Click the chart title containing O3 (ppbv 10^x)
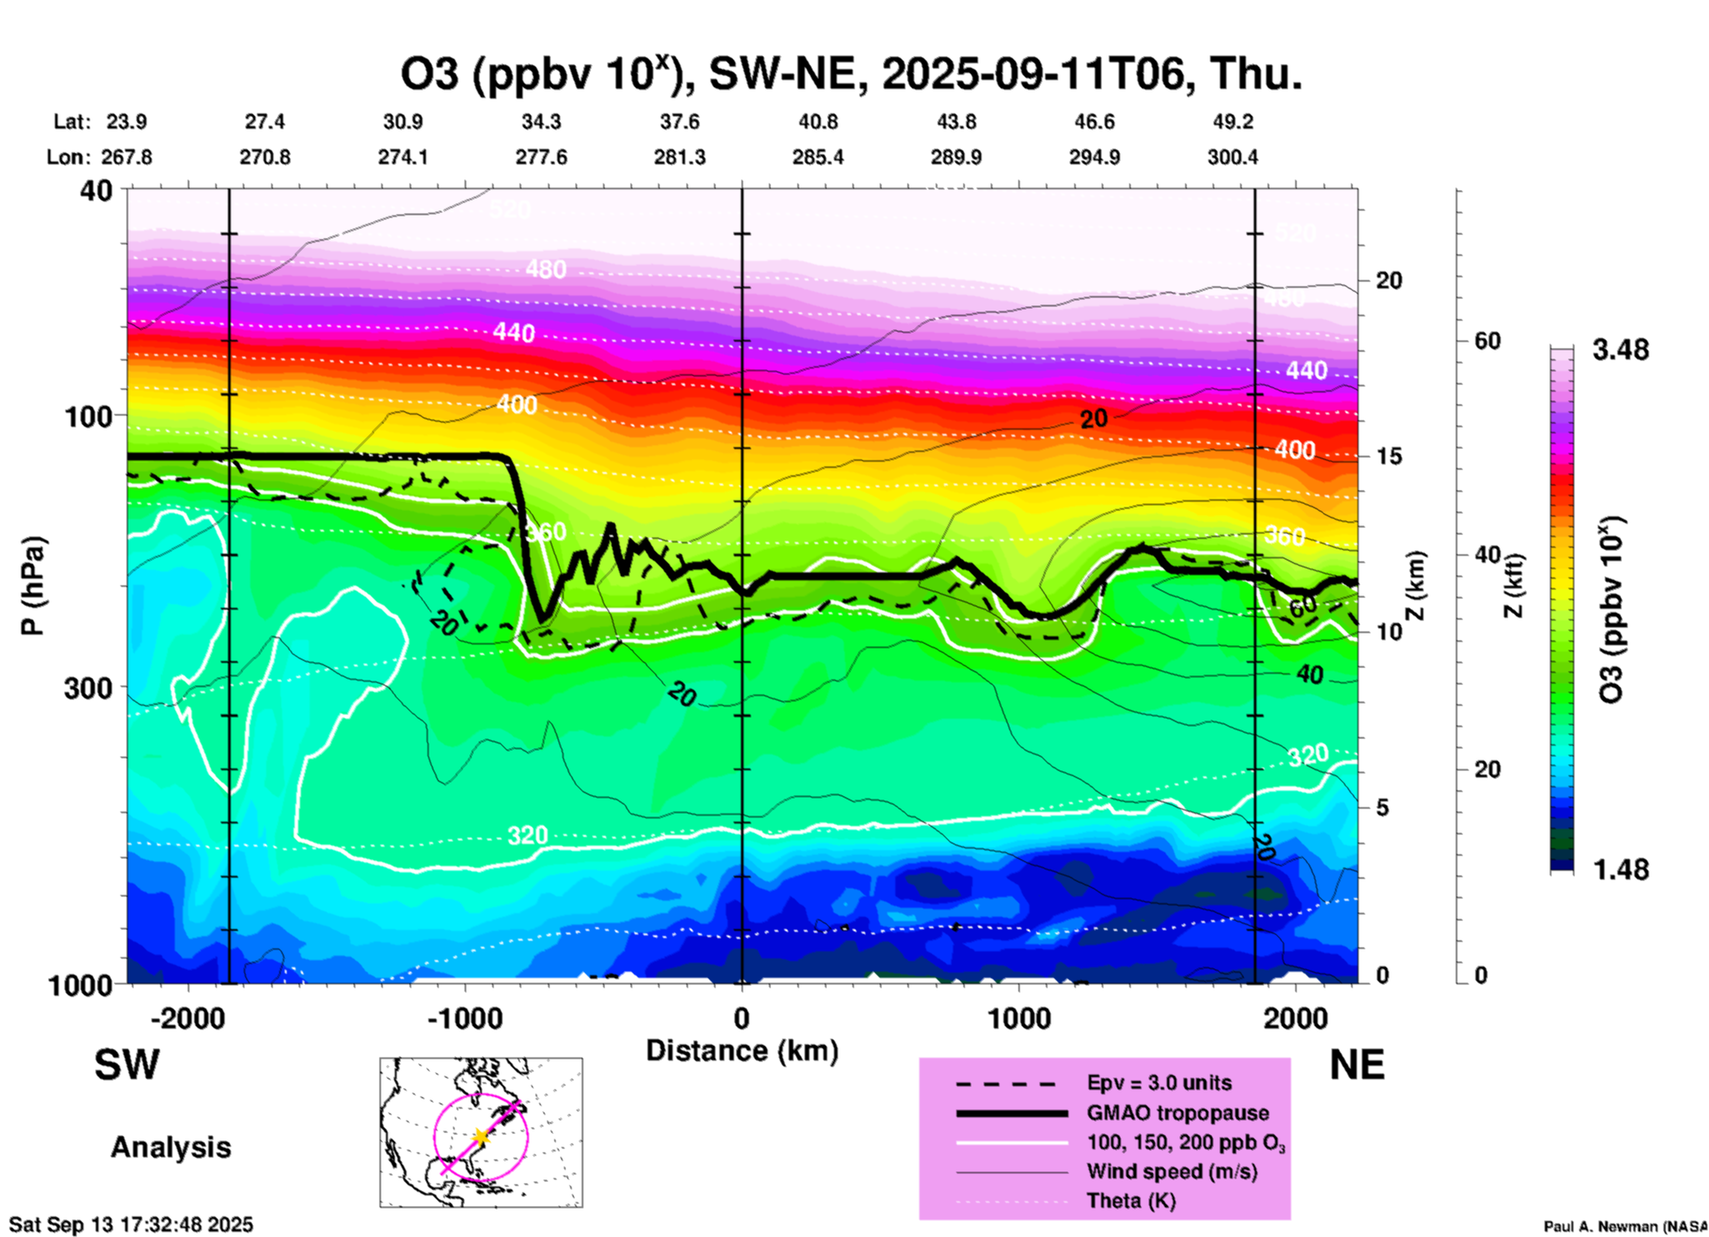[851, 75]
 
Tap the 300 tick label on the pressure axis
[89, 688]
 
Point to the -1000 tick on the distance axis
[465, 1018]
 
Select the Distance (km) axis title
[742, 1051]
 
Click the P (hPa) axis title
[33, 586]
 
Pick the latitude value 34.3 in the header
[540, 122]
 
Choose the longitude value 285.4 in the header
[817, 157]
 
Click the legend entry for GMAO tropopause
[1177, 1113]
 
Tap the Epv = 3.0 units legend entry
[1159, 1083]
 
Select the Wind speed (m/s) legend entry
[1171, 1171]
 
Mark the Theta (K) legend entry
[1130, 1201]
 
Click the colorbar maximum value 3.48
[1620, 350]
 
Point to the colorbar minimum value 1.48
[1620, 869]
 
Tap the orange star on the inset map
[480, 1136]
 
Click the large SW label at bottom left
[127, 1065]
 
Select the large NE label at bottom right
[1357, 1065]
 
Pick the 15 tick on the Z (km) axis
[1388, 456]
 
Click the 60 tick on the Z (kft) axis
[1487, 341]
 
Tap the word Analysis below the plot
[170, 1146]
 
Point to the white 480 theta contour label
[545, 268]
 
